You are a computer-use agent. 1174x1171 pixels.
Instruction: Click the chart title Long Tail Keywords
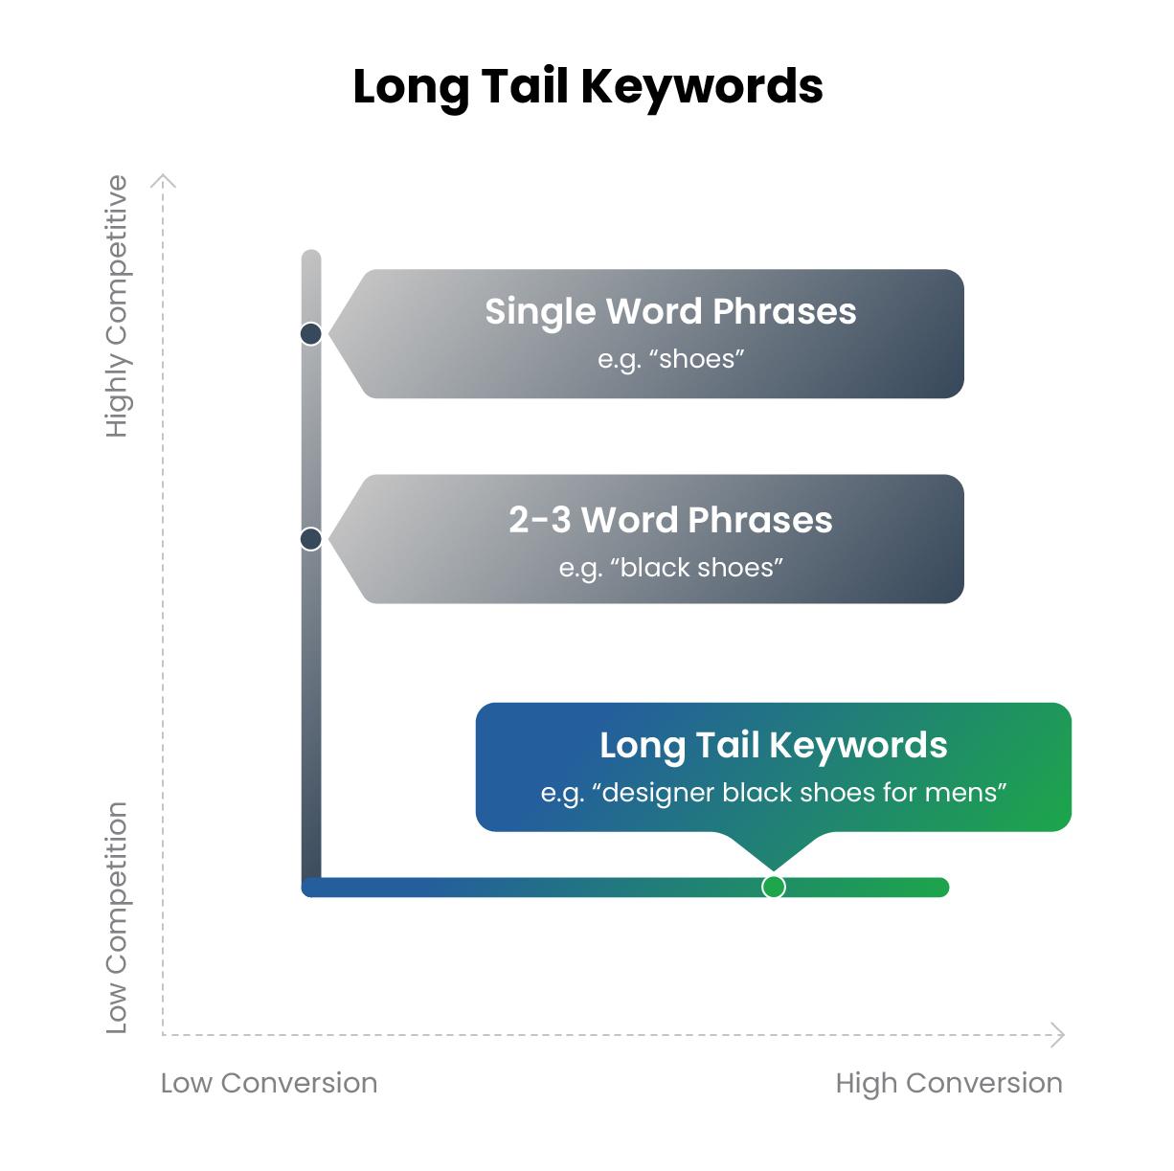(x=587, y=87)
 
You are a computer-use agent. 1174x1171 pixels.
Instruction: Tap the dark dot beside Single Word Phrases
(x=311, y=334)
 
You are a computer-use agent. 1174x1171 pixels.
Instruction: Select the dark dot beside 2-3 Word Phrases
(x=311, y=539)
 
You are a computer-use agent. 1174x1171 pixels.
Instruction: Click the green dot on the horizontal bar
(x=774, y=887)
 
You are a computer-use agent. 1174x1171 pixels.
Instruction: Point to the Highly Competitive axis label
(x=117, y=306)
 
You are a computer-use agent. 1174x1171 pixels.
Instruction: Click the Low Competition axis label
(x=117, y=917)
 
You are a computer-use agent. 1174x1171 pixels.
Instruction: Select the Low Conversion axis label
(x=269, y=1083)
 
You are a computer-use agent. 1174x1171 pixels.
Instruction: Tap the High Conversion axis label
(x=949, y=1083)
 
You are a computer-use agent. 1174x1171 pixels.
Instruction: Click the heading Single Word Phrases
(x=670, y=312)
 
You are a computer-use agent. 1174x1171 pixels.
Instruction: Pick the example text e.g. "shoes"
(x=670, y=360)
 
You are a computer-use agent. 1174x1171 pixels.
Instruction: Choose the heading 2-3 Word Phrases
(x=670, y=520)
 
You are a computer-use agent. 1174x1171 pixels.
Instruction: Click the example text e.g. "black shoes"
(x=670, y=568)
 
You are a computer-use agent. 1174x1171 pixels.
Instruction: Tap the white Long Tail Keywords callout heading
(x=773, y=745)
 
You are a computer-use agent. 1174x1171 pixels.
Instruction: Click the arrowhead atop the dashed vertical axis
(x=164, y=179)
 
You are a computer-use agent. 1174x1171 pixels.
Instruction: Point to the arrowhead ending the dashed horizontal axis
(x=1058, y=1034)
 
